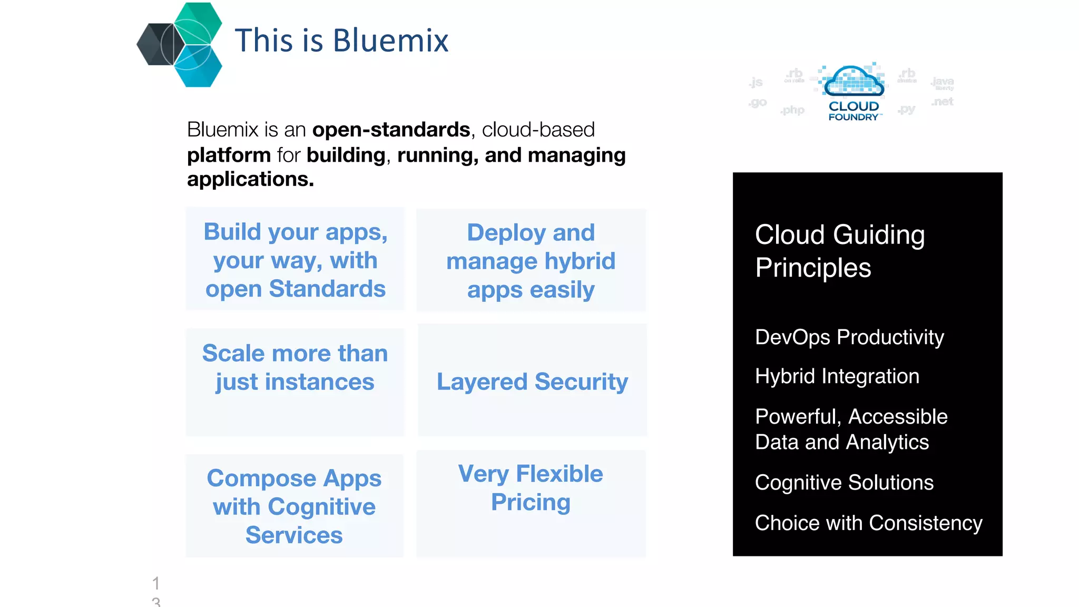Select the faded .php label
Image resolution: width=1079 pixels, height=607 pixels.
(793, 110)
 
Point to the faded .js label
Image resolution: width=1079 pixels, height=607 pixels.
(756, 82)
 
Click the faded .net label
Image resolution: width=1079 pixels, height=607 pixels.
(943, 101)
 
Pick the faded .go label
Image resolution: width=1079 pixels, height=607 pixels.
(758, 102)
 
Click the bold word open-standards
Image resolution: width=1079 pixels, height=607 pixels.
(391, 130)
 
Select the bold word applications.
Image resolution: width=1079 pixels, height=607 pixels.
(250, 179)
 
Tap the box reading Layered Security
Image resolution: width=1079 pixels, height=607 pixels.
(532, 381)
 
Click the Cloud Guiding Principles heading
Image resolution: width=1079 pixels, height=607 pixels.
(839, 251)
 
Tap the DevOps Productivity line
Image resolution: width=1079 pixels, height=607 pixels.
(849, 337)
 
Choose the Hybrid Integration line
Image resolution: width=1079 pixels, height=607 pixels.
(837, 376)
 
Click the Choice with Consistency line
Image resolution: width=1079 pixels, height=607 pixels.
(868, 523)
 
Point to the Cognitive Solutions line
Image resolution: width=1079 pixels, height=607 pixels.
(844, 483)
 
